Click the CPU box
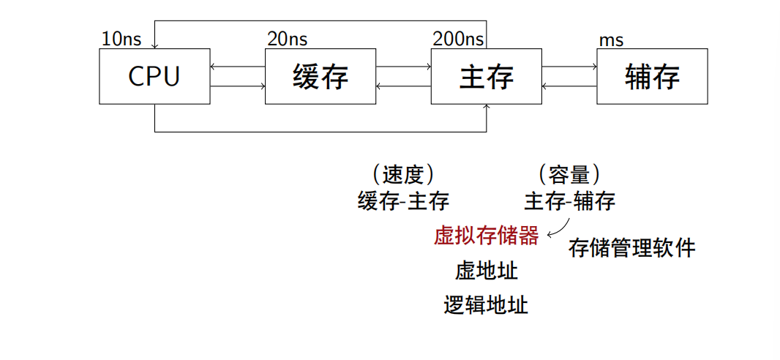pos(154,76)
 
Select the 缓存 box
pos(320,76)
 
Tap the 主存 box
pos(487,76)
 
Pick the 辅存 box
pos(652,76)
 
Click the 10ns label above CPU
pos(121,40)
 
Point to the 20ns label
pos(288,40)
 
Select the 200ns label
pos(458,40)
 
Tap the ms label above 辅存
pos(612,40)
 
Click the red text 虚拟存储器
pos(487,236)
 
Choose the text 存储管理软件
pos(631,248)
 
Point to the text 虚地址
pos(487,271)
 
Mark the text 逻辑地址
pos(487,304)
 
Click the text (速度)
pos(403,174)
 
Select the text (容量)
pos(569,174)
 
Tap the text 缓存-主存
pos(403,200)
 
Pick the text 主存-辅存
pos(569,200)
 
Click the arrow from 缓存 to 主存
pos(403,67)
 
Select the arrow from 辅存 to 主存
pos(569,86)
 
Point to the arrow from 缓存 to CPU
pos(237,67)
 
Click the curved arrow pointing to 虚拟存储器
pos(558,228)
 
